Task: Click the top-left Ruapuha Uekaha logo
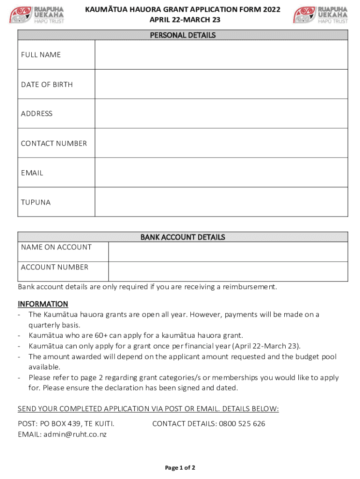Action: point(37,15)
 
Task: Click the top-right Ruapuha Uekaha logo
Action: point(320,15)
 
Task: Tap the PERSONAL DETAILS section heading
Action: point(183,35)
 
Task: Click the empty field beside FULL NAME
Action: point(221,55)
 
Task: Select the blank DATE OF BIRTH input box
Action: point(221,84)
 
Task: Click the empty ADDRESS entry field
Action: point(221,114)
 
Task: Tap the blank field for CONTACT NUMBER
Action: point(221,143)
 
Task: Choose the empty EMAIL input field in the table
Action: point(221,173)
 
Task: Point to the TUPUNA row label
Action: point(36,203)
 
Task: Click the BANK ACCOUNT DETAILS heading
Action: point(183,237)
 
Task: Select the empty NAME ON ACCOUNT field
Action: point(228,252)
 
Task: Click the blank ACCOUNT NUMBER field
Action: point(228,271)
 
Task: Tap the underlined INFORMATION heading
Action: point(43,304)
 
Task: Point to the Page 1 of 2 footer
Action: point(180,468)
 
